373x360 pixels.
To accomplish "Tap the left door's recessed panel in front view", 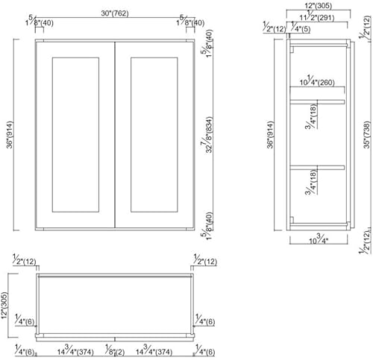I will click(75, 133).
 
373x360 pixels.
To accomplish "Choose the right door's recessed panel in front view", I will click(154, 133).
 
